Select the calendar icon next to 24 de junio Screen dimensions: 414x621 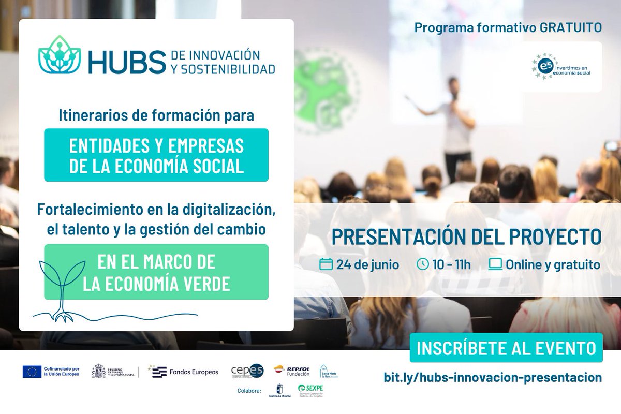click(326, 264)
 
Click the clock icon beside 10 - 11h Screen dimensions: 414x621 click(422, 264)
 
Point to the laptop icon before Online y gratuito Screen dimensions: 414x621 click(495, 264)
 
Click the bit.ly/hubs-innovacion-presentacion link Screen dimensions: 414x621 click(493, 377)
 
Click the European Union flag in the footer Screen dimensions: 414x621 click(32, 372)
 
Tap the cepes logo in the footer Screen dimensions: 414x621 click(247, 371)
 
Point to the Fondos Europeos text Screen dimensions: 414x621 click(194, 372)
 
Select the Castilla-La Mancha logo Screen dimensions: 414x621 click(279, 391)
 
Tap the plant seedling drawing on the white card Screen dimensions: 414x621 click(61, 287)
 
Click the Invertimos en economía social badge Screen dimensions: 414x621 click(561, 67)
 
